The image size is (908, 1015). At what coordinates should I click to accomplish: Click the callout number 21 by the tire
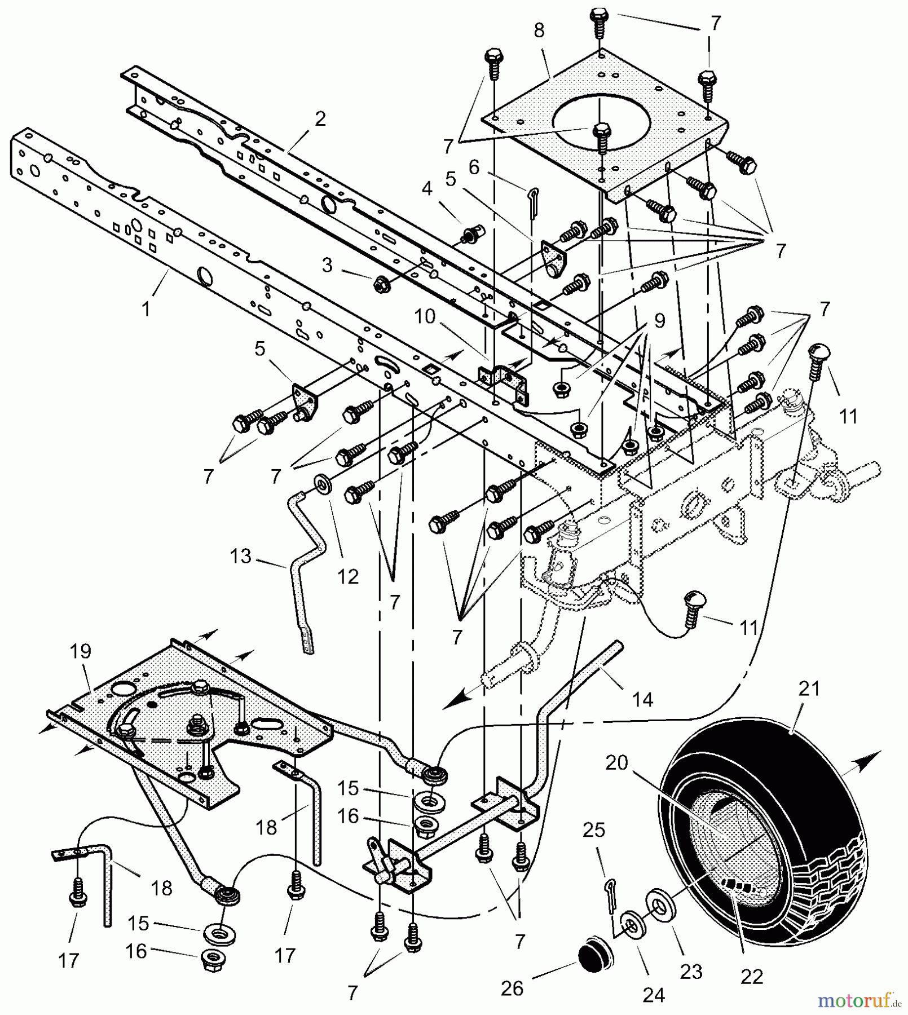(x=809, y=689)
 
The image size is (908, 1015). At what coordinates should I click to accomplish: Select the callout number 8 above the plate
(x=539, y=30)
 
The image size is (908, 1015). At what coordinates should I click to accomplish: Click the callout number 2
(x=320, y=119)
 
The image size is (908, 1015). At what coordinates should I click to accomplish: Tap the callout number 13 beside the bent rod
(x=241, y=556)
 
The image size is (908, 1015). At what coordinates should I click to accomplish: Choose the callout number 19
(x=81, y=651)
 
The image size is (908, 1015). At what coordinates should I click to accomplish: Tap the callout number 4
(x=427, y=188)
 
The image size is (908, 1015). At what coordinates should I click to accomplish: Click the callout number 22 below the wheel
(x=752, y=977)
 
